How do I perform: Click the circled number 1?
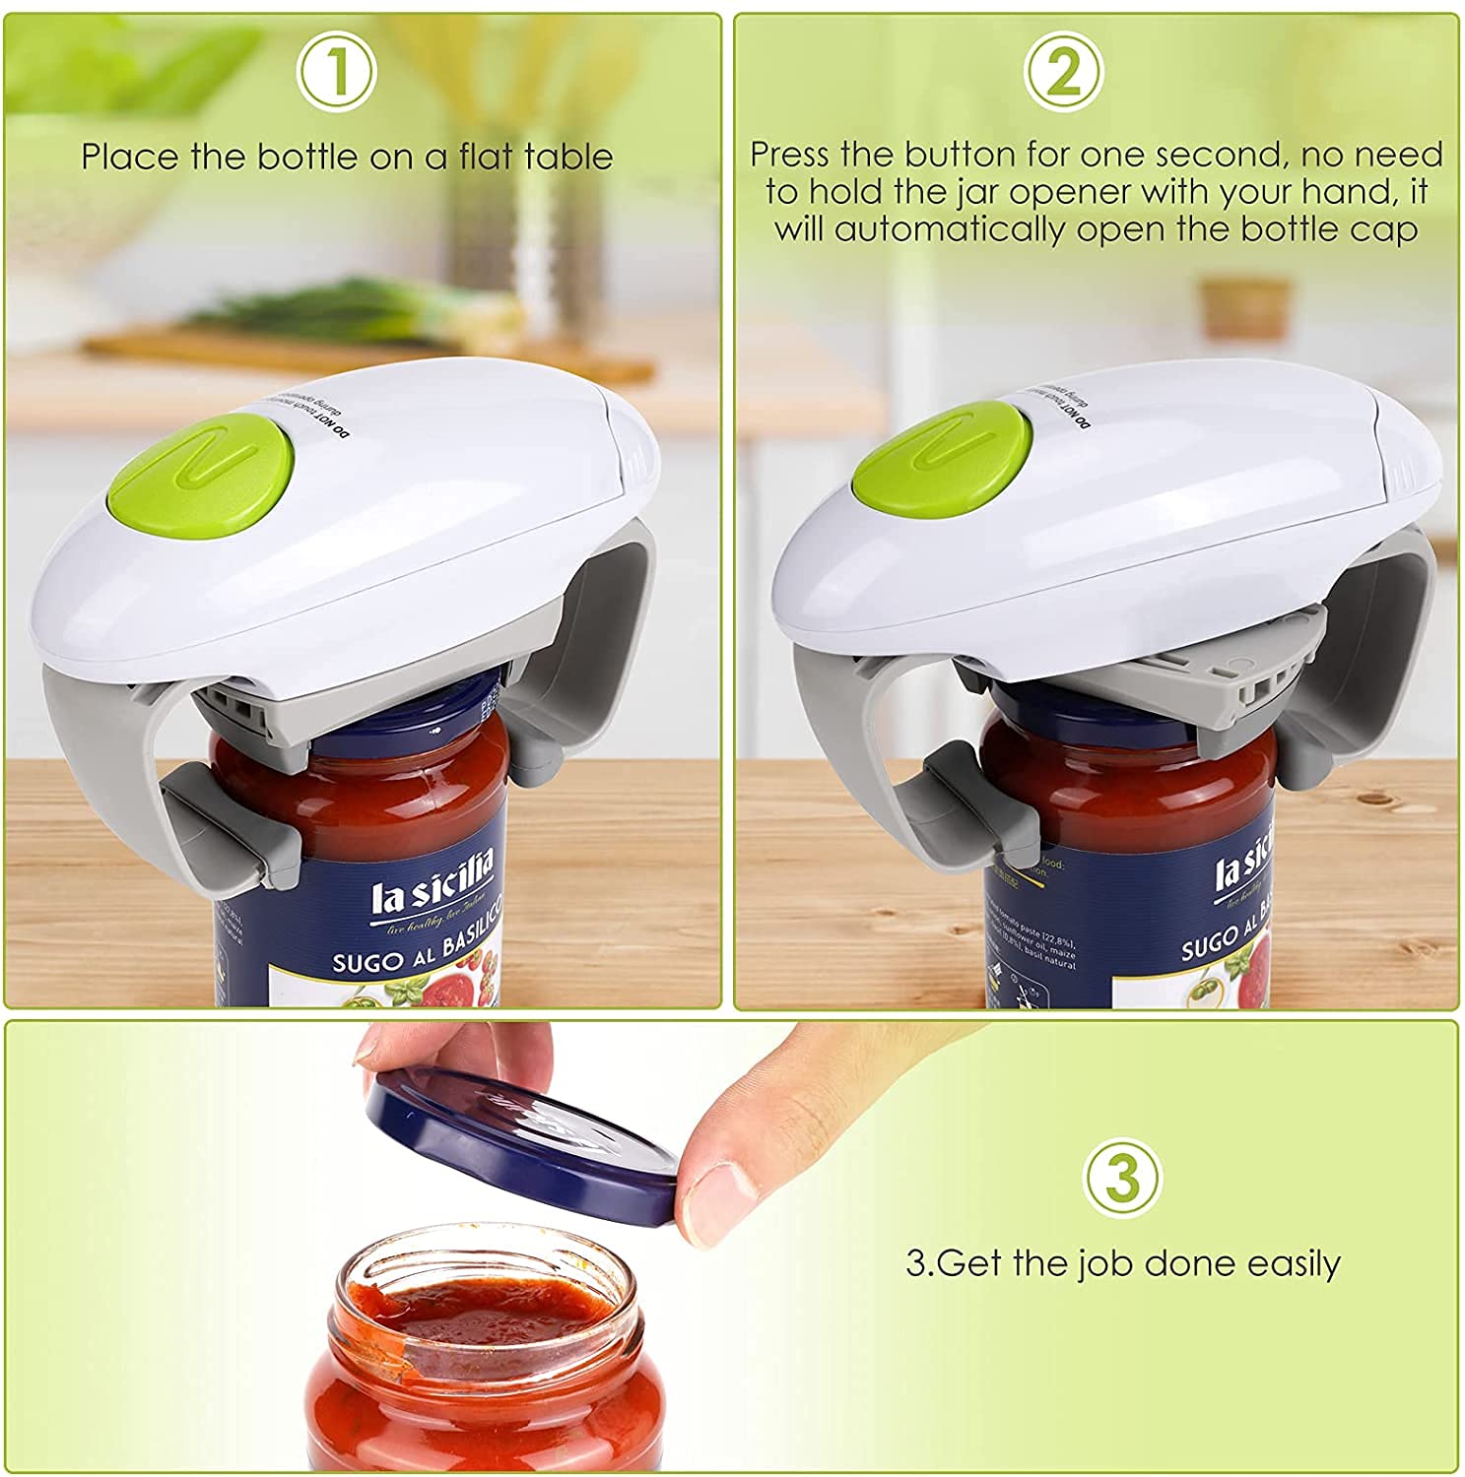(338, 71)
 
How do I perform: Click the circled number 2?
(1062, 71)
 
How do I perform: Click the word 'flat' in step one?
(489, 158)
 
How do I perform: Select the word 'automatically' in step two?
(950, 229)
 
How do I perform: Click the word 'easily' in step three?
(1294, 1263)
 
